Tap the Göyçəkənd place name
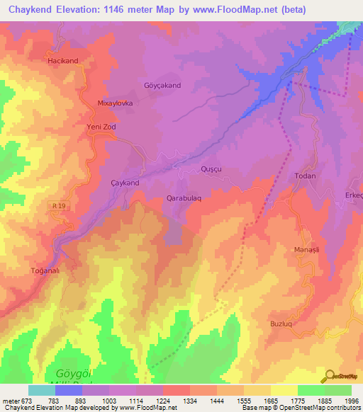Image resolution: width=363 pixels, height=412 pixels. (163, 86)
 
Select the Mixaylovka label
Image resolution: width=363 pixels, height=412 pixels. (115, 103)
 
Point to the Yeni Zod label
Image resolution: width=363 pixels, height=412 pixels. (101, 127)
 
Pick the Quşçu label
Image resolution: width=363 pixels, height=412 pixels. (212, 170)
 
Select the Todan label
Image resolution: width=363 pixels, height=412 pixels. (305, 176)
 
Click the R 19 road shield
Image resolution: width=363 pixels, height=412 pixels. (60, 205)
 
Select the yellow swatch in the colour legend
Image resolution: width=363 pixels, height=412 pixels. (284, 390)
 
